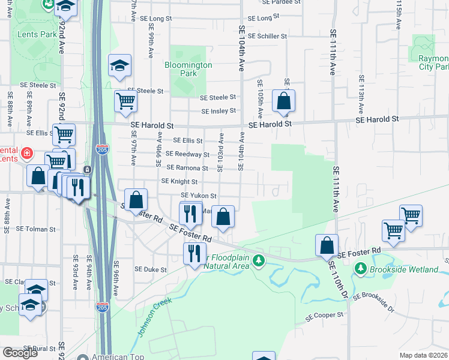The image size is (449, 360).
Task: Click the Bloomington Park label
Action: click(188, 69)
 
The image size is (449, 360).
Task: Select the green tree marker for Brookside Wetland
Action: click(361, 269)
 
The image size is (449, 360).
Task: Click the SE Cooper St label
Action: click(324, 314)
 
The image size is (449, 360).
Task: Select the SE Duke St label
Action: click(151, 269)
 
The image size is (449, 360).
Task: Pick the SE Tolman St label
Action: click(35, 229)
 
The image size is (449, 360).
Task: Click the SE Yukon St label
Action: click(199, 196)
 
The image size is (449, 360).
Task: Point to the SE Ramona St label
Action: click(187, 168)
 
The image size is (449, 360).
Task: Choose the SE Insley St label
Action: click(218, 111)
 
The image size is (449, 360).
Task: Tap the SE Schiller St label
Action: click(267, 36)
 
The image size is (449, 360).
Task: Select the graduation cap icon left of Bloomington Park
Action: click(119, 65)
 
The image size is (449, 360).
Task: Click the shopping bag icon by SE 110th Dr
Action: click(327, 245)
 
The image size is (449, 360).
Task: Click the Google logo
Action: click(20, 352)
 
